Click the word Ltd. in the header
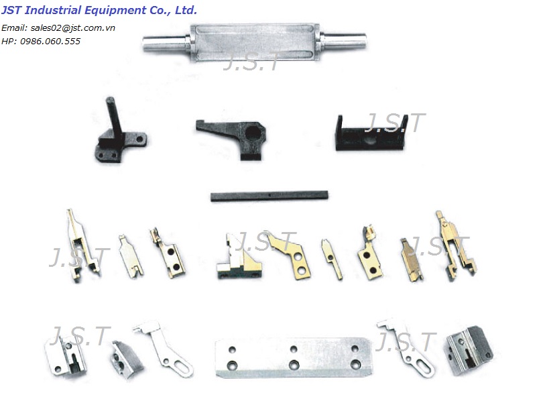coord(185,10)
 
